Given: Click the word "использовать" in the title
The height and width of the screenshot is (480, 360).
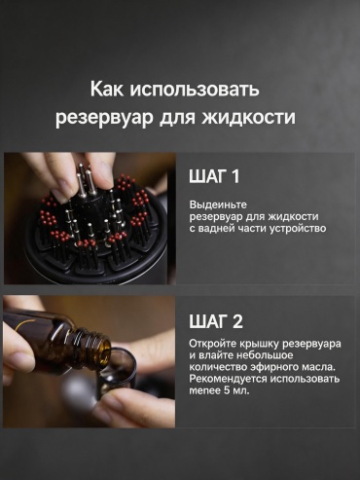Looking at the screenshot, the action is [x=195, y=89].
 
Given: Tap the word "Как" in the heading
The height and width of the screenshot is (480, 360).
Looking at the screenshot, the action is [x=107, y=89].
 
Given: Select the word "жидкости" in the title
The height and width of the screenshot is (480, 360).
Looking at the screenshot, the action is [x=249, y=117].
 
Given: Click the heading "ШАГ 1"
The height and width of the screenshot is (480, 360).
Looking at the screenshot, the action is [x=214, y=177].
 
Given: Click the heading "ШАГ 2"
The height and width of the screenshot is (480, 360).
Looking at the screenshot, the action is [x=216, y=321].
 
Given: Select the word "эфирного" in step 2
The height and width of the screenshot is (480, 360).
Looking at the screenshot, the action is [x=268, y=367].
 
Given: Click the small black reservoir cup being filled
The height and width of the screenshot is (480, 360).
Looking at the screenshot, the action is [x=119, y=373].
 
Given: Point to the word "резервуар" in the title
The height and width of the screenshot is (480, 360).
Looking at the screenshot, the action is [x=104, y=118].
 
